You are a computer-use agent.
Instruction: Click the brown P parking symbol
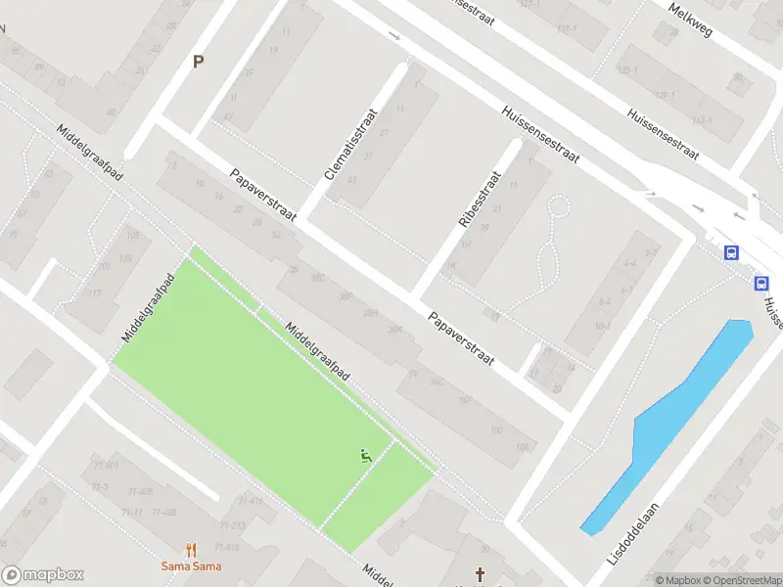199,61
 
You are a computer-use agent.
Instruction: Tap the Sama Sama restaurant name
192,566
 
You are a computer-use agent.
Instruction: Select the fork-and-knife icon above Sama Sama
192,550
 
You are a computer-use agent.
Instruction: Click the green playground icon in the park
365,455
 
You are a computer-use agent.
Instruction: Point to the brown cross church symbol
480,574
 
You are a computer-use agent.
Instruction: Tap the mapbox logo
43,575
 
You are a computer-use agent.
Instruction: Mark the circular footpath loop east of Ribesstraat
559,206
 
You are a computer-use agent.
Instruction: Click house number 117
95,293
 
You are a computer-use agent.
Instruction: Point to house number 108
522,448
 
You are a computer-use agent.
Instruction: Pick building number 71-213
232,525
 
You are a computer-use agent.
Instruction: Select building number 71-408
164,513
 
